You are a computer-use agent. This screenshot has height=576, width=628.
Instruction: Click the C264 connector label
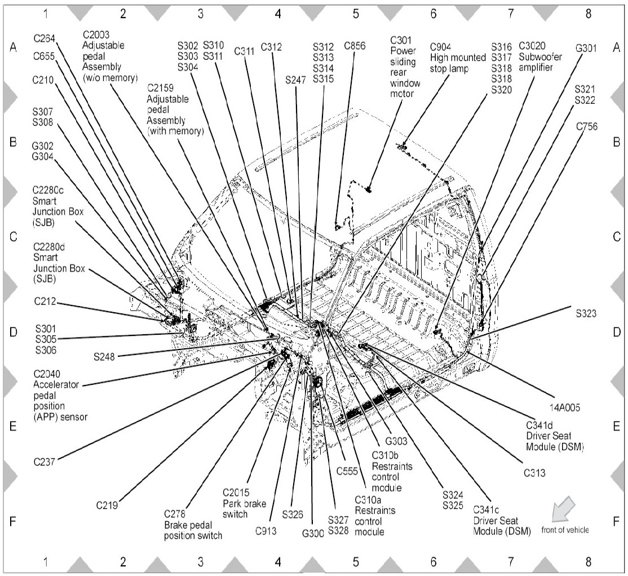45,38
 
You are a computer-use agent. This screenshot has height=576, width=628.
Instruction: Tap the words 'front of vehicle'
565,530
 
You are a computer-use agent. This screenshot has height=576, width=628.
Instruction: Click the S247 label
295,81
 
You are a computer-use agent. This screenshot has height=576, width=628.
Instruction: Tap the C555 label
348,471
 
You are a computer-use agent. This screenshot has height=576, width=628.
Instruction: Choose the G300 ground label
313,533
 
